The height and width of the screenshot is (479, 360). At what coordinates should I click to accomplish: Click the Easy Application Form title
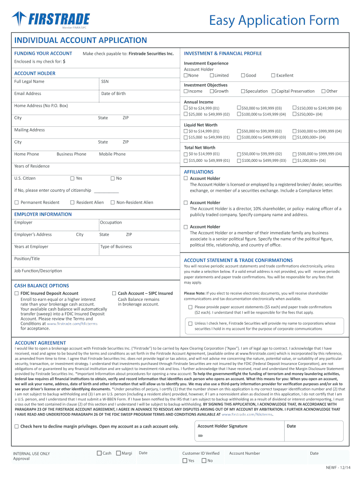click(274, 20)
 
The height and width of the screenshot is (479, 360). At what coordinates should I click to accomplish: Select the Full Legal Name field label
click(29, 81)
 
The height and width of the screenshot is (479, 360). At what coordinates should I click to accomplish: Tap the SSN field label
click(105, 81)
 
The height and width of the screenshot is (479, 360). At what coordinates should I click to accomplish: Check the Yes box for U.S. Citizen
click(72, 178)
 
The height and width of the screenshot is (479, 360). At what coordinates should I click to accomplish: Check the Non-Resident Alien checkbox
click(113, 203)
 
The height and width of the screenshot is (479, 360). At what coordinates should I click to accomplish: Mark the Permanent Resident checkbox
click(17, 203)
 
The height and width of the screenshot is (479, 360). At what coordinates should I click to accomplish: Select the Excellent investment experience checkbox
click(273, 75)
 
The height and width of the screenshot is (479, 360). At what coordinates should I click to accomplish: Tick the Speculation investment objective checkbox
click(242, 91)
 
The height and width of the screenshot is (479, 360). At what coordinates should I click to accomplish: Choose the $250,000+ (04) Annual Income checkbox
click(295, 114)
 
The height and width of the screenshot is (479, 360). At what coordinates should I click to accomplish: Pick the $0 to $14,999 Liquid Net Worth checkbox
click(186, 131)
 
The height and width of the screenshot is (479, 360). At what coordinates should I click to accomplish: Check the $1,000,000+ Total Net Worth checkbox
click(295, 160)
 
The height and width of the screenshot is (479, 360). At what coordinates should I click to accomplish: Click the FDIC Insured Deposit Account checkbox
click(17, 293)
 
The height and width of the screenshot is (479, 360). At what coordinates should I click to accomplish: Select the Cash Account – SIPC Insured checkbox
click(114, 293)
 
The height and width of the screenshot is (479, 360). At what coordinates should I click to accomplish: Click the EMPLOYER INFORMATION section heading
click(43, 214)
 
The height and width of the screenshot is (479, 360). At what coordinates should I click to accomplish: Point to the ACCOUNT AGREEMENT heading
click(41, 342)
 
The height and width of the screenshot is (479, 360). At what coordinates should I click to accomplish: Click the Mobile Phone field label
click(112, 154)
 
